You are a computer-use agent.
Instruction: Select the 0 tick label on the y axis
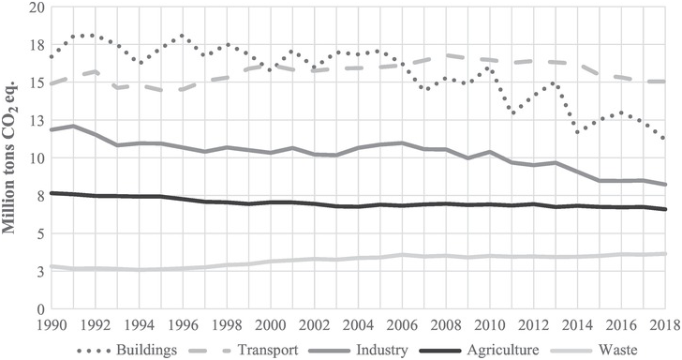click(38, 308)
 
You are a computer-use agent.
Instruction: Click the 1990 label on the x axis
click(52, 324)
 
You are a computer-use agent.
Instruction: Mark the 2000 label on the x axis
click(272, 324)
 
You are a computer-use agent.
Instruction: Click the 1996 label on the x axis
click(184, 324)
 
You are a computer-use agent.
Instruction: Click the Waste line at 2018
click(664, 254)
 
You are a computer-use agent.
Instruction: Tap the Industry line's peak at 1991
click(73, 126)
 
